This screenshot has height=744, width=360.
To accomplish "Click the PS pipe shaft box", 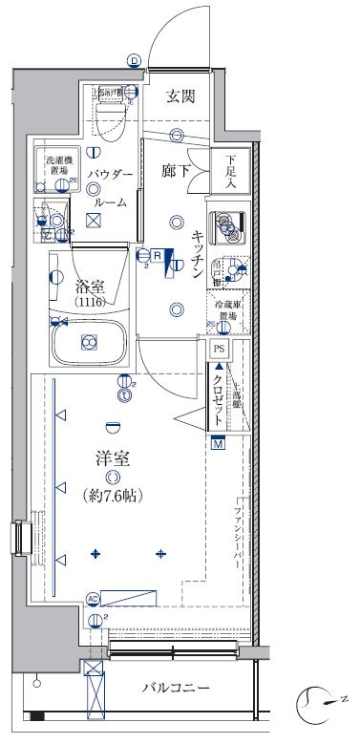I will pyautogui.click(x=219, y=351).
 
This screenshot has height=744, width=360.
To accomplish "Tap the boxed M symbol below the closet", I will pyautogui.click(x=218, y=443).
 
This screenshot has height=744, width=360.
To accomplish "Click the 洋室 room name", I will pyautogui.click(x=114, y=457).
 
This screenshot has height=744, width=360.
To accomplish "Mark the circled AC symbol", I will pyautogui.click(x=93, y=599).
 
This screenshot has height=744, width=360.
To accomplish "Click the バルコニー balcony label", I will pyautogui.click(x=177, y=687).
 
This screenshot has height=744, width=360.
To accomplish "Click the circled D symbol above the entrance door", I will pyautogui.click(x=134, y=60).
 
